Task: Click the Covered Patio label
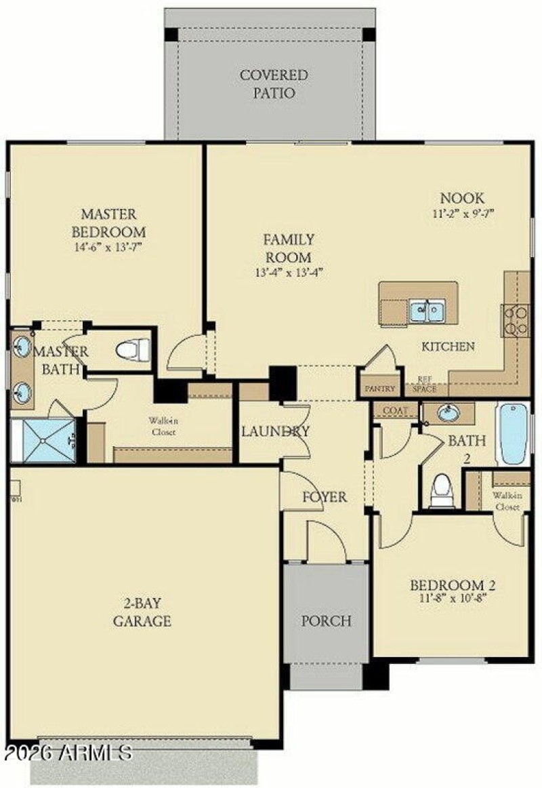coord(274,83)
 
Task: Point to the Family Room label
coord(288,248)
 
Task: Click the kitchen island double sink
coord(426,311)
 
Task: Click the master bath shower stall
coord(43,440)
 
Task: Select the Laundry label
coord(275,431)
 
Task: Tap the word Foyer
coord(324,497)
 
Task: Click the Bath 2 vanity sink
coord(446,413)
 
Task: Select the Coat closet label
coord(395,411)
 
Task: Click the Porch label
coord(327,620)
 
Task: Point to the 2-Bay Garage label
coord(142,611)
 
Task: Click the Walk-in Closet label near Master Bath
coord(165,425)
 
